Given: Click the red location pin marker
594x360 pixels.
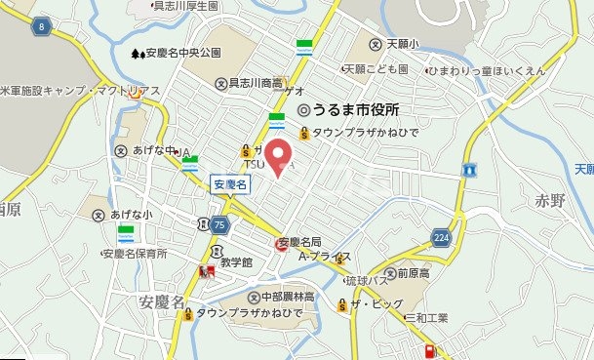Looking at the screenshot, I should tap(280, 157).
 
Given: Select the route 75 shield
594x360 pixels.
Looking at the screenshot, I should tap(218, 224).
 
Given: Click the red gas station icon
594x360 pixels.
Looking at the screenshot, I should tap(428, 351).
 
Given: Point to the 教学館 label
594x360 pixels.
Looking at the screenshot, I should tap(234, 262).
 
